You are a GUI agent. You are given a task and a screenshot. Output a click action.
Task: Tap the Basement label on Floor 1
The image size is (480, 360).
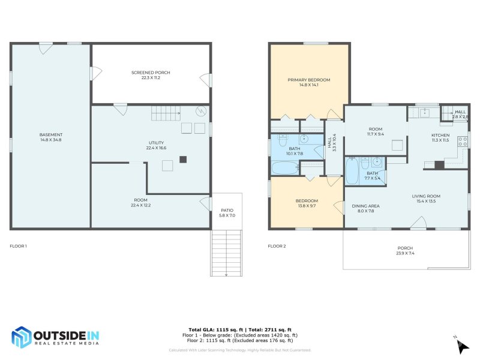[x=51, y=137]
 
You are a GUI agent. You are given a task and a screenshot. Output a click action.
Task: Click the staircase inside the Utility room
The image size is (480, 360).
[x=165, y=112]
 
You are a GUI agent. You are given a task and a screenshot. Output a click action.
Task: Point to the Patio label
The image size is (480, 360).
[x=227, y=212]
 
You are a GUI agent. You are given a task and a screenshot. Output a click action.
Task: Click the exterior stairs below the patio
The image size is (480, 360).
[x=227, y=252]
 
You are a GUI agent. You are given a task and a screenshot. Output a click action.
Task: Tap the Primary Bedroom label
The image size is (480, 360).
[x=308, y=82]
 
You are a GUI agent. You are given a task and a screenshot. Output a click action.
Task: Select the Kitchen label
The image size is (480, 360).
[x=440, y=137]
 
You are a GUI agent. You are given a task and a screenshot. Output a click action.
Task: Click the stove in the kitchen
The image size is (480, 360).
[x=463, y=142]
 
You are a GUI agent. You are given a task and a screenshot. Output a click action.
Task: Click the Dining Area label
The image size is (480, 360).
[x=365, y=208]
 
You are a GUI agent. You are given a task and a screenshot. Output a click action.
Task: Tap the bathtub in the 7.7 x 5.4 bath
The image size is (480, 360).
[x=352, y=171]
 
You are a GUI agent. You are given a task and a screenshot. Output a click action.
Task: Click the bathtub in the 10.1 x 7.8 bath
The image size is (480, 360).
[x=284, y=167]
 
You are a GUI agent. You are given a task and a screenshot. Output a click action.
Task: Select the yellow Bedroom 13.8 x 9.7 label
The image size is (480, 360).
[x=307, y=203]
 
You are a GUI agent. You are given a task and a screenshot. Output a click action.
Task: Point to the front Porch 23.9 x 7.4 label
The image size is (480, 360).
[x=405, y=251]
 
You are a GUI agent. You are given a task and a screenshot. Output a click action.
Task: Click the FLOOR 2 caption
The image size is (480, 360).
[x=277, y=246]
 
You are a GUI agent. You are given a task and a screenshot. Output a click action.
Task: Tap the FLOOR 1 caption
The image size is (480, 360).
[x=19, y=246]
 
